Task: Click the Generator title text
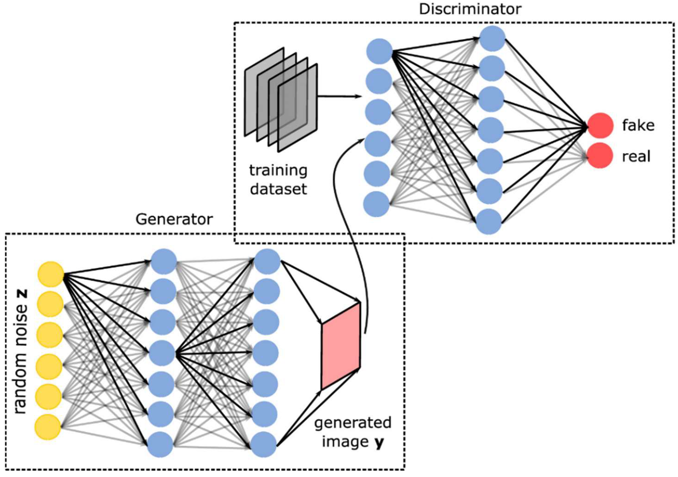click(174, 219)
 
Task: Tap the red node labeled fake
click(600, 125)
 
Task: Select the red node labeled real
click(599, 156)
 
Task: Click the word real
click(636, 156)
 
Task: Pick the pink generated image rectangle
click(341, 346)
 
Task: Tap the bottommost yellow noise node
click(48, 427)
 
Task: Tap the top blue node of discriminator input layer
click(379, 51)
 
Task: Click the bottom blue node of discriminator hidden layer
click(489, 222)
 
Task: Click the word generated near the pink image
click(353, 423)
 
